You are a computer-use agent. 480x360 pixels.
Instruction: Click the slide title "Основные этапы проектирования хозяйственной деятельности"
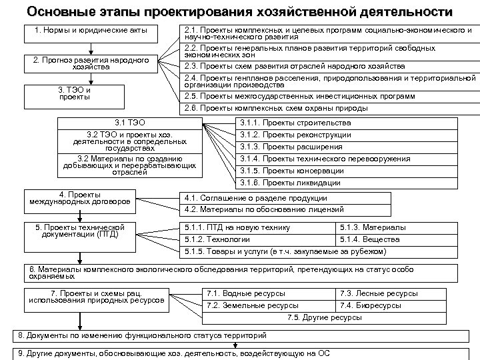click(x=239, y=12)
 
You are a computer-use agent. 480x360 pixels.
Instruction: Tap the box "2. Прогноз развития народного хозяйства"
click(x=91, y=63)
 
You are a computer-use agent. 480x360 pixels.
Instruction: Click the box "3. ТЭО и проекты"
click(x=74, y=93)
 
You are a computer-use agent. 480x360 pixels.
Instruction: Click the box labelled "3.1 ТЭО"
click(x=129, y=123)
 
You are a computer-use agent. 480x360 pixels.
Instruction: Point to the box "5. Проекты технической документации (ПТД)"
click(x=79, y=231)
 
